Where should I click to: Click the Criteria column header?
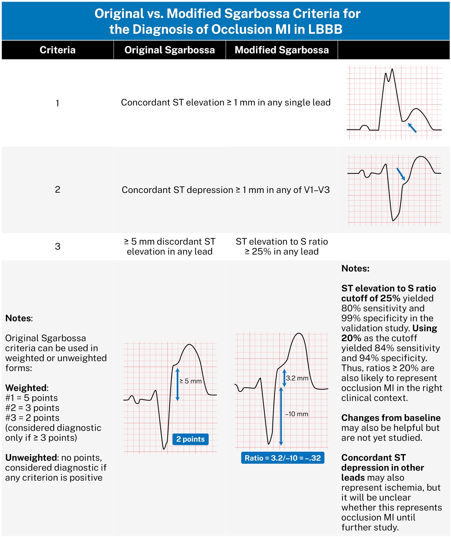pyautogui.click(x=57, y=50)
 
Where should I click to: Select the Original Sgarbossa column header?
pyautogui.click(x=170, y=50)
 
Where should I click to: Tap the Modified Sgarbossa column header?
pyautogui.click(x=282, y=50)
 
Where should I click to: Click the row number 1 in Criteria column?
pyautogui.click(x=57, y=103)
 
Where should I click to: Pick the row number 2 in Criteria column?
pyautogui.click(x=57, y=190)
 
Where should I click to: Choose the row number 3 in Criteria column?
pyautogui.click(x=57, y=246)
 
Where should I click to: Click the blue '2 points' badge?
pyautogui.click(x=190, y=439)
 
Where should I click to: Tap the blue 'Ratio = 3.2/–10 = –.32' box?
pyautogui.click(x=283, y=458)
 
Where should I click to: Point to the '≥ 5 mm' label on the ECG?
pyautogui.click(x=190, y=381)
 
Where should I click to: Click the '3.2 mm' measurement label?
pyautogui.click(x=297, y=378)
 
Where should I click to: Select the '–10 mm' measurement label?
pyautogui.click(x=297, y=414)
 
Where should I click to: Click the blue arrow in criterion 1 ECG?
pyautogui.click(x=412, y=128)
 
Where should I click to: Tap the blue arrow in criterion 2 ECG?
pyautogui.click(x=401, y=174)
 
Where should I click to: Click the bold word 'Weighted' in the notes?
pyautogui.click(x=26, y=388)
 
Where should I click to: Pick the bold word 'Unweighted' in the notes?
pyautogui.click(x=31, y=458)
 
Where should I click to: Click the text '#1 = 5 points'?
pyautogui.click(x=32, y=398)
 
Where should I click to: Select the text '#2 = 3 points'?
pyautogui.click(x=32, y=408)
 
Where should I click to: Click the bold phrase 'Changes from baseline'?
pyautogui.click(x=391, y=418)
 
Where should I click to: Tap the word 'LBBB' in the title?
pyautogui.click(x=325, y=30)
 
